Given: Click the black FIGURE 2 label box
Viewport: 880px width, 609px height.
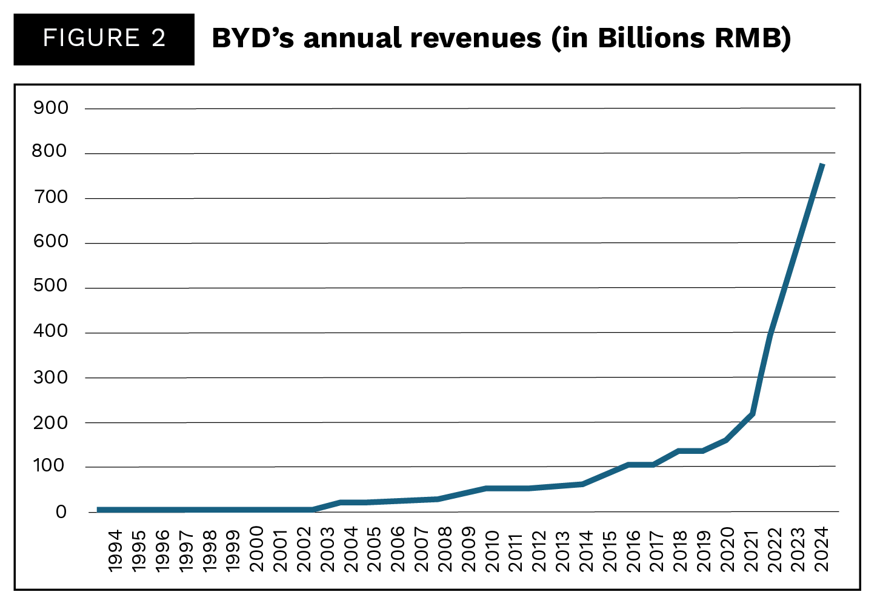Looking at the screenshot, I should (x=104, y=39).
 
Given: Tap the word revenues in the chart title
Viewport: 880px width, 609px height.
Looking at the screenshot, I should (x=475, y=39).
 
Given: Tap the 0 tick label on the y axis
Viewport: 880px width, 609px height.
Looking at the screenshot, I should (x=61, y=512).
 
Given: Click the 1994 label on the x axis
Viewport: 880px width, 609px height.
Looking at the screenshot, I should (x=115, y=550).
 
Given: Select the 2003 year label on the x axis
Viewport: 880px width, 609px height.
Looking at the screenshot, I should (x=327, y=550).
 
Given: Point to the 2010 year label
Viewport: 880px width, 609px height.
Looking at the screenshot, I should (x=492, y=550).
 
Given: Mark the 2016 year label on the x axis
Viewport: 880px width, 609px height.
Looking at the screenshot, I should (x=633, y=550).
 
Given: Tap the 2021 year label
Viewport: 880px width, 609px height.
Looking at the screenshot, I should (x=752, y=550).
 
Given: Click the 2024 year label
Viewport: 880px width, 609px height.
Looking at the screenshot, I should (x=822, y=550).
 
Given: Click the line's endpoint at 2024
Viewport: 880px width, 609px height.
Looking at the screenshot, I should (x=822, y=164).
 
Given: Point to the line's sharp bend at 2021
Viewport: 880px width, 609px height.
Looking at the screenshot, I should (x=752, y=414).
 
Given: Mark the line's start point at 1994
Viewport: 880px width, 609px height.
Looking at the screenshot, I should (x=99, y=510).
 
